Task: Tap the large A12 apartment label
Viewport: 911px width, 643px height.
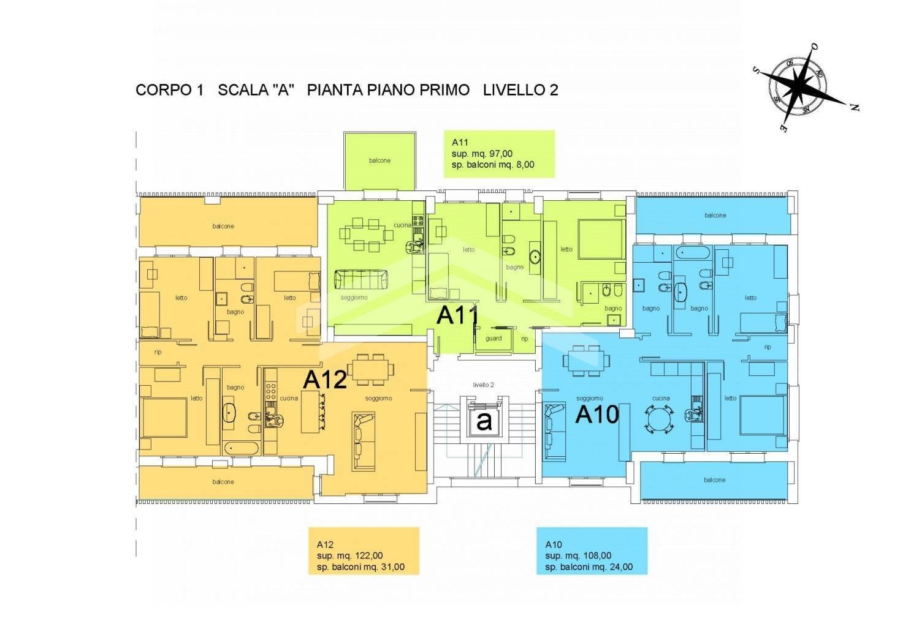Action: point(325,380)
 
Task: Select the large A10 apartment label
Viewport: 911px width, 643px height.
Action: point(597,415)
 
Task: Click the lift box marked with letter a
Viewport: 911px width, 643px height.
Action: point(484,421)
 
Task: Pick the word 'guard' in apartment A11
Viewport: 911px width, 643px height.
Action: point(494,339)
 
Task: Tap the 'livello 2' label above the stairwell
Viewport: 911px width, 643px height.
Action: point(483,385)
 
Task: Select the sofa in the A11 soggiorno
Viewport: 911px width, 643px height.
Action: point(360,279)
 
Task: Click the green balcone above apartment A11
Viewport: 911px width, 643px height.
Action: point(380,160)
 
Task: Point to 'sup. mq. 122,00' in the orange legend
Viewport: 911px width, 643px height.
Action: point(350,555)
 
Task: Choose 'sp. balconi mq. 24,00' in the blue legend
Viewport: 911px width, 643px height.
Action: point(589,566)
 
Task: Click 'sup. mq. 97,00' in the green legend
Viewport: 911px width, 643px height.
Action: point(482,154)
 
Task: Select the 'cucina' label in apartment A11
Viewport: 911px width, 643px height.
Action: point(402,225)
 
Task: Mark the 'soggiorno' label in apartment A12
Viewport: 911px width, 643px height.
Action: point(378,399)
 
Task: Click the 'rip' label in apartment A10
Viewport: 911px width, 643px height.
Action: point(768,347)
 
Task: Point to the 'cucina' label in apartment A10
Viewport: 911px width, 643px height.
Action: point(661,399)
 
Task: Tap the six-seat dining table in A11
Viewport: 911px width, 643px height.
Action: point(367,235)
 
